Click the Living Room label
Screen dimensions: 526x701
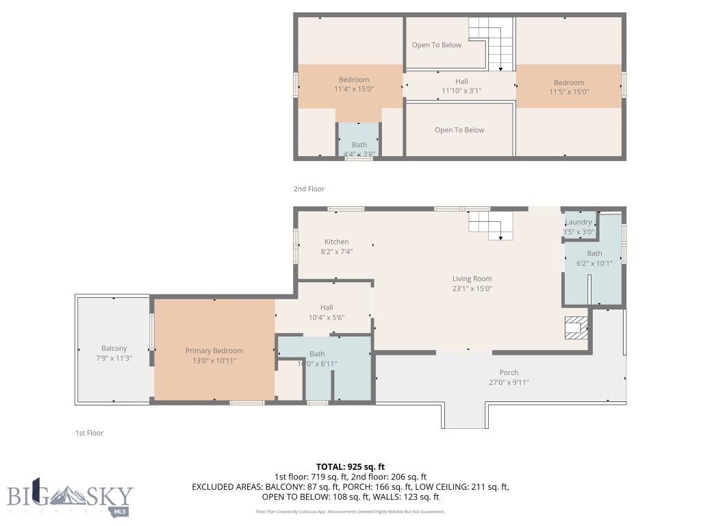pyautogui.click(x=472, y=279)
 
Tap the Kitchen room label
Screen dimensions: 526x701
pyautogui.click(x=336, y=242)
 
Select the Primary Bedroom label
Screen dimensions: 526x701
pyautogui.click(x=214, y=351)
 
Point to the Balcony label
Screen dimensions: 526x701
pyautogui.click(x=114, y=348)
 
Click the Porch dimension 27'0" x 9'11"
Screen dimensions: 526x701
pyautogui.click(x=509, y=383)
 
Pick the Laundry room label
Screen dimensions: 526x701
pyautogui.click(x=579, y=223)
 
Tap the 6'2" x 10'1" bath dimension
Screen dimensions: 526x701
pyautogui.click(x=594, y=263)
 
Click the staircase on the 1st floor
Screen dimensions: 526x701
pyautogui.click(x=491, y=225)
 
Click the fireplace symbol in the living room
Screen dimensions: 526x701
pyautogui.click(x=576, y=328)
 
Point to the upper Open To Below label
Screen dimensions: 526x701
pyautogui.click(x=436, y=45)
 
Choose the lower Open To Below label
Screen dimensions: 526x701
pyautogui.click(x=459, y=130)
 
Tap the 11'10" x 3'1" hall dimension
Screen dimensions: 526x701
pyautogui.click(x=461, y=90)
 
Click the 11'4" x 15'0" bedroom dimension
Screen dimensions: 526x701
pyautogui.click(x=354, y=89)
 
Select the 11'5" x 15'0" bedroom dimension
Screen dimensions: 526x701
pyautogui.click(x=569, y=92)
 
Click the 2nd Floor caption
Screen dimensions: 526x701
pyautogui.click(x=309, y=189)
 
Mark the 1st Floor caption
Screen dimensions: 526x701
pyautogui.click(x=89, y=433)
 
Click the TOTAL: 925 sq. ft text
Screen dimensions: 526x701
pyautogui.click(x=350, y=466)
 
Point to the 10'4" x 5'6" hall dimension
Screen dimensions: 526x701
pyautogui.click(x=326, y=317)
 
